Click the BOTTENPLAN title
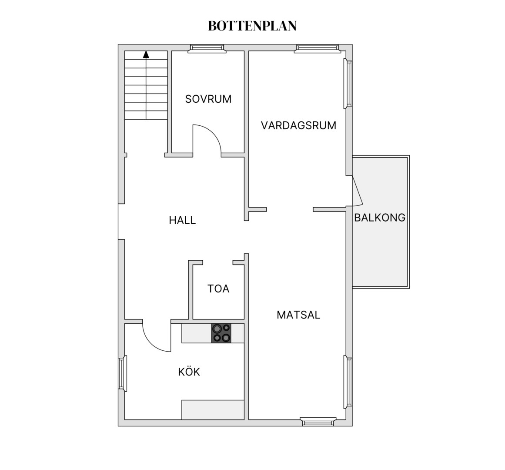pos(252,26)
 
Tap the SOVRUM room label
pos(208,99)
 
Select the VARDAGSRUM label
pos(298,125)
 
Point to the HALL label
pos(182,220)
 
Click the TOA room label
pos(218,289)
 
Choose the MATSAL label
pos(298,315)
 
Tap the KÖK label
pos(189,372)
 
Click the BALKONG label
pos(380,218)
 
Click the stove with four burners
pos(221,333)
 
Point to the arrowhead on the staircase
pos(146,54)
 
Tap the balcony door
pos(358,191)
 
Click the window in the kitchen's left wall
pos(122,373)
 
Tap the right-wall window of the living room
pos(348,84)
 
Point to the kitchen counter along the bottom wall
pos(213,410)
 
